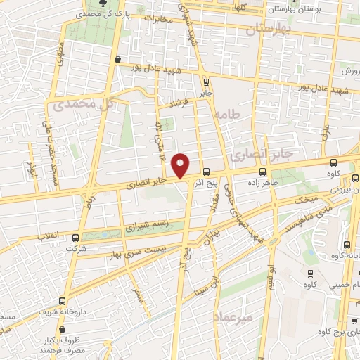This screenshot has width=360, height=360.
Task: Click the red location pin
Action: (x=181, y=165)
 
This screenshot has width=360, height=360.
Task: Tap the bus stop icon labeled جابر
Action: (x=204, y=81)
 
